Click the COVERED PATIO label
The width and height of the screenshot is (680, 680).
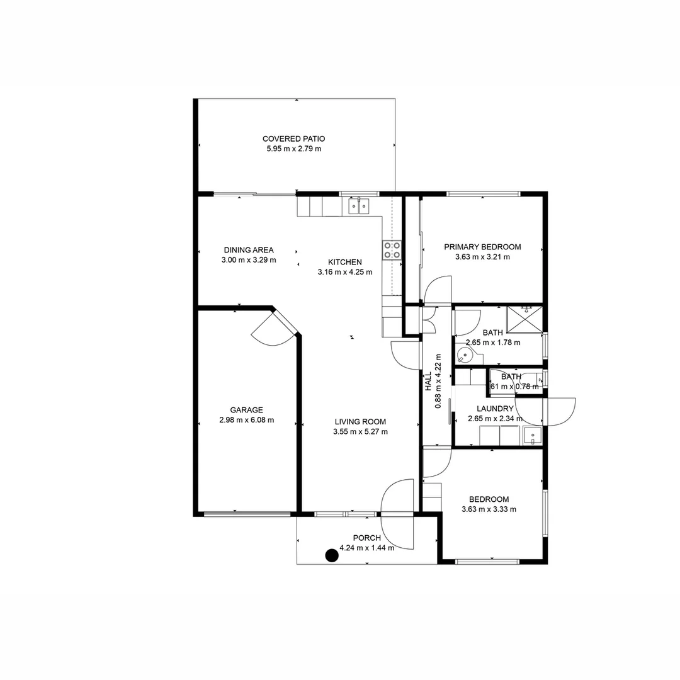[x=293, y=139]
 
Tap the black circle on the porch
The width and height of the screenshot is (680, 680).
[x=331, y=555]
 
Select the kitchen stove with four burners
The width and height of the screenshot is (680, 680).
[x=392, y=250]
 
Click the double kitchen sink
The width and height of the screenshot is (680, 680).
[x=359, y=206]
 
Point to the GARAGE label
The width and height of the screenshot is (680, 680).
[x=246, y=409]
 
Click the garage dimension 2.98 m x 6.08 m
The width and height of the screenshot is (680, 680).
[x=246, y=420]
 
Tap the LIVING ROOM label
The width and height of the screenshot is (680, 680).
[x=360, y=421]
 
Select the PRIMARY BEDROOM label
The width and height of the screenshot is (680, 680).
[x=482, y=247]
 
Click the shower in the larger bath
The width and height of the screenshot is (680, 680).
[x=524, y=319]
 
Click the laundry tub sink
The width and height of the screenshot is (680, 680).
[x=532, y=435]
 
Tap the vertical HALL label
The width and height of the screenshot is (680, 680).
[x=428, y=382]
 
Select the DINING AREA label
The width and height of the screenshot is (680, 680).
[x=249, y=249]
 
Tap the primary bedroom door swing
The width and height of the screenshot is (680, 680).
[x=438, y=290]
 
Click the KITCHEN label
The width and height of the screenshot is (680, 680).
[x=345, y=262]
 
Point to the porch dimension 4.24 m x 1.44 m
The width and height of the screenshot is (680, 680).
[x=366, y=548]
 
